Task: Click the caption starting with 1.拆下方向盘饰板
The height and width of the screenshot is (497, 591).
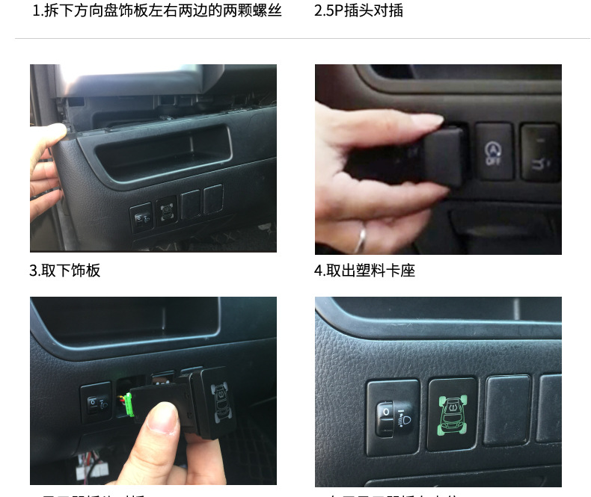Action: coord(157,11)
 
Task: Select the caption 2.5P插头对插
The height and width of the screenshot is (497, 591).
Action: coord(358,11)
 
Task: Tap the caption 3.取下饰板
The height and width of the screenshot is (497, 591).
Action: coord(65,271)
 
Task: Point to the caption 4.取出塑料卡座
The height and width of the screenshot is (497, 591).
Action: coord(364,271)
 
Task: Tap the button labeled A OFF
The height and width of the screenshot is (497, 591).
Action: coord(494,151)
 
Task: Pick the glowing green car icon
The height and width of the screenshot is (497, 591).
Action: coord(452,413)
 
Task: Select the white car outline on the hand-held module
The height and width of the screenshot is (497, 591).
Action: coord(221,403)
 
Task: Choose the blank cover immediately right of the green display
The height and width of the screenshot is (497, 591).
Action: coord(506,410)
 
